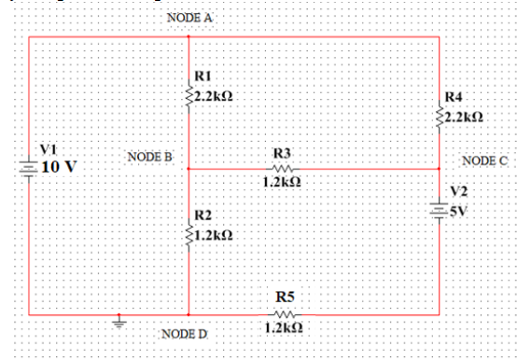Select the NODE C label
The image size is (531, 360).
[484, 160]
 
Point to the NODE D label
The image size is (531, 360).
[186, 333]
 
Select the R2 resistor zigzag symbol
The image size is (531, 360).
[189, 237]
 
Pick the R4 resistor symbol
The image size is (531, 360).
[439, 116]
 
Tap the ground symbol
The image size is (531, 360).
[119, 324]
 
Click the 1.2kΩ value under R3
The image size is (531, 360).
[282, 183]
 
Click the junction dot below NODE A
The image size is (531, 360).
[189, 37]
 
